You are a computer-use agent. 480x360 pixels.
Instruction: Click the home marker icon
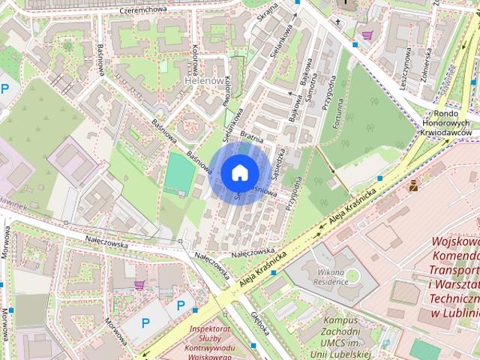[x=238, y=172]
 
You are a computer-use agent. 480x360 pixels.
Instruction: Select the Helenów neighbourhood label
[x=204, y=81]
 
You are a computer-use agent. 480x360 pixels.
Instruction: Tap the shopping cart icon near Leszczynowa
[x=367, y=34]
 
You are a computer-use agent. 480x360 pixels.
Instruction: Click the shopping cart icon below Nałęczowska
[x=139, y=285]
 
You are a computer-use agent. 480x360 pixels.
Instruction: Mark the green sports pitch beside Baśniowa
[x=178, y=172]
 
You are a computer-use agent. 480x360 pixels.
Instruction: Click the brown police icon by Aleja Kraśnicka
[x=413, y=184]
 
